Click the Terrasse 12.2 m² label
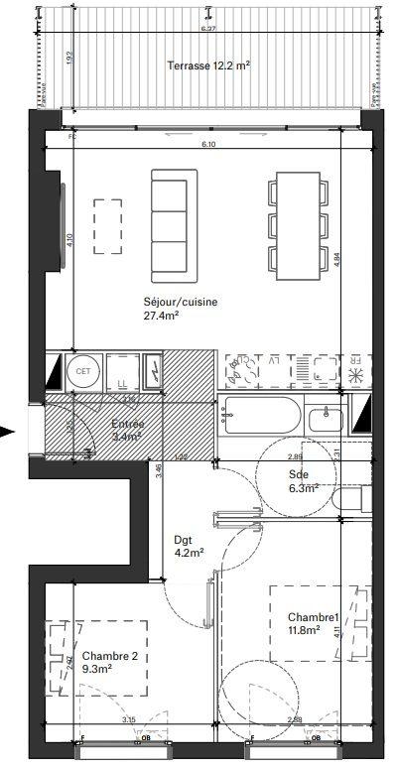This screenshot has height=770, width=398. pos(206,65)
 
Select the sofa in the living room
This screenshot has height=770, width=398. pos(175,224)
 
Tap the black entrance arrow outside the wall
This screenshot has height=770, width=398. pos(9,432)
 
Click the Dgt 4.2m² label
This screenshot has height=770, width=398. pos(188,547)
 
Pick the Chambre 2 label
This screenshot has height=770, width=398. pos(116,656)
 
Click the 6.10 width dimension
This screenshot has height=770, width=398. pos(207,146)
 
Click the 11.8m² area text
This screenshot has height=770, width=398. pos(304,628)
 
